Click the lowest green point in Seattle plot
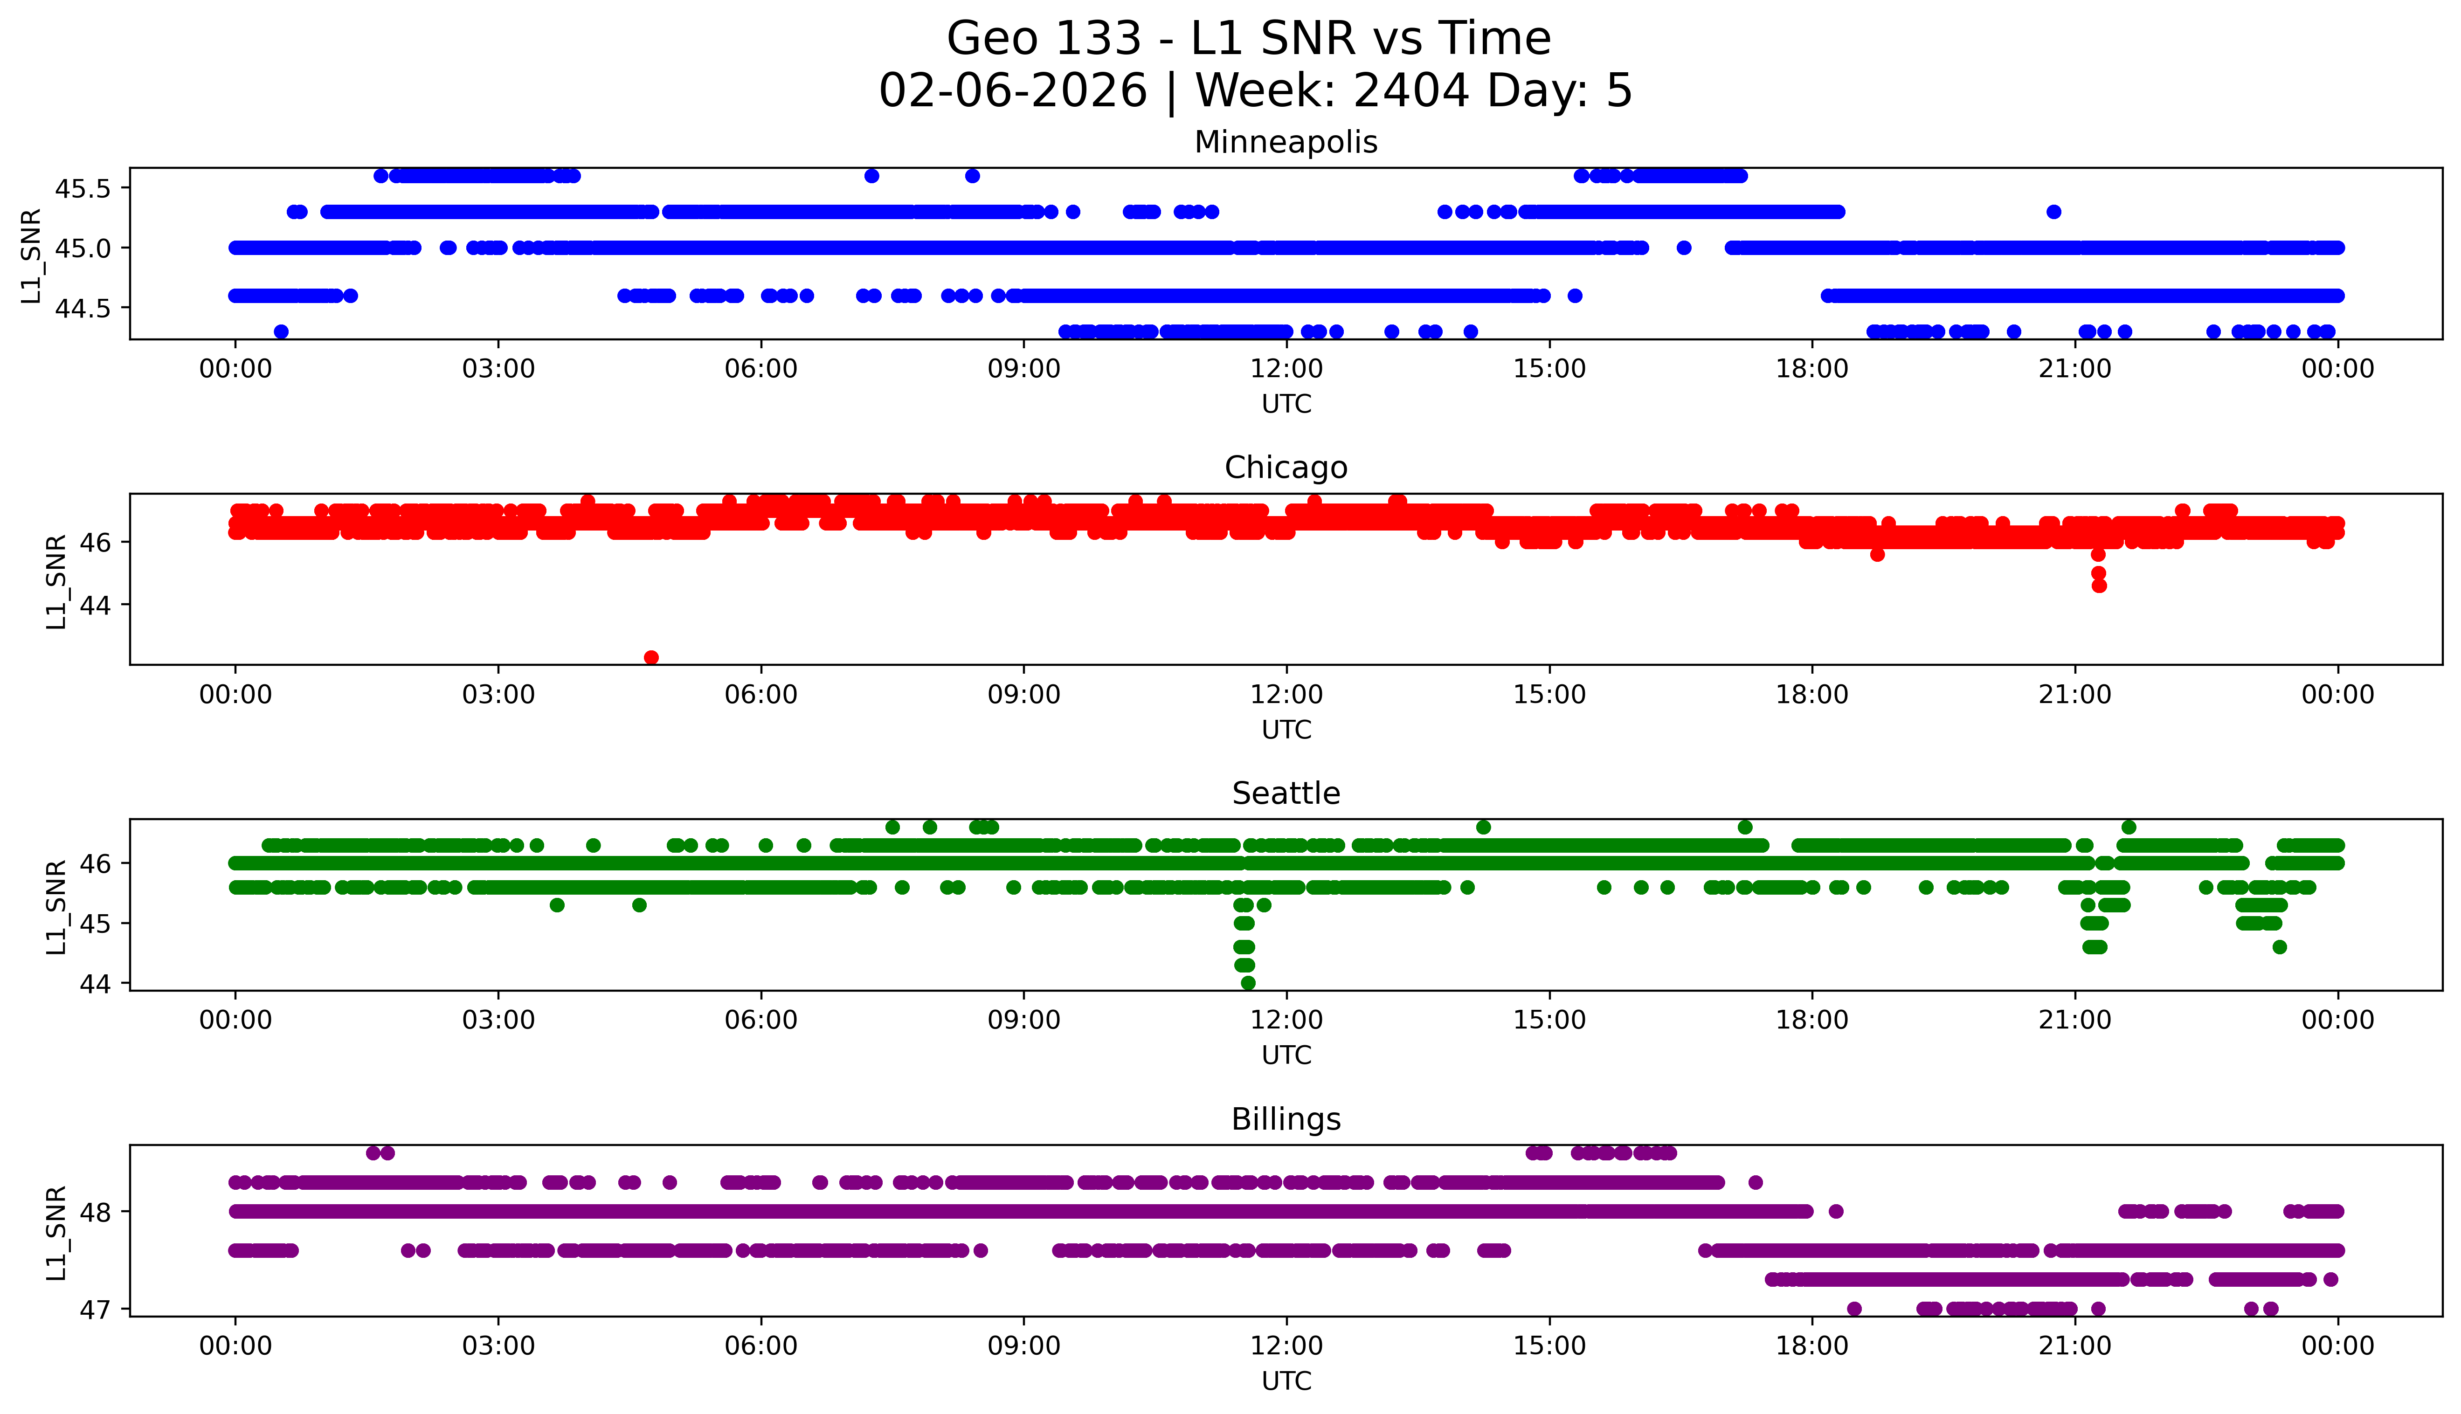(1248, 983)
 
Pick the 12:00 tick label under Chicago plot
(1286, 694)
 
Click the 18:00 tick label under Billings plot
(1811, 1346)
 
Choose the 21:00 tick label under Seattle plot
(2074, 1020)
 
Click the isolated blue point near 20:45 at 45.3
(2053, 212)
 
